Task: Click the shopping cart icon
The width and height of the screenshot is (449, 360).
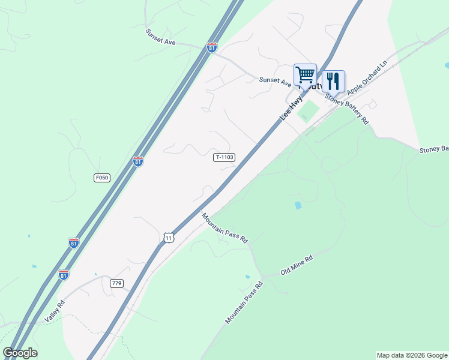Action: (x=305, y=76)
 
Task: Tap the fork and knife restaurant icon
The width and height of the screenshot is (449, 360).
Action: (x=333, y=81)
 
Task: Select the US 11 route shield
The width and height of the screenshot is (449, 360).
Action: (x=169, y=238)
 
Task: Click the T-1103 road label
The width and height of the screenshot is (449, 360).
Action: (x=224, y=157)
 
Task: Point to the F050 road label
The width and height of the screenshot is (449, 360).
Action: (x=102, y=178)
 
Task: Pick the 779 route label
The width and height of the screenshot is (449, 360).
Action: (x=116, y=283)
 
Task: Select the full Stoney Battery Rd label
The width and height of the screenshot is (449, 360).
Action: (x=347, y=109)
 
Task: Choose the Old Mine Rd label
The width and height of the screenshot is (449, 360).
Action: (x=297, y=266)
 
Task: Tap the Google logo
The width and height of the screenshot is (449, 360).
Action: (x=20, y=353)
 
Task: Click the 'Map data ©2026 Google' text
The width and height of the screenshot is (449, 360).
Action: (x=412, y=355)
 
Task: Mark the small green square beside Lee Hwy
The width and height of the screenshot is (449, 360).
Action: (x=308, y=112)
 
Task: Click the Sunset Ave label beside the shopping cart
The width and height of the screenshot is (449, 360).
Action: (x=275, y=80)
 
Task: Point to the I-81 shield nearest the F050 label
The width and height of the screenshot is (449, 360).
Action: (x=138, y=161)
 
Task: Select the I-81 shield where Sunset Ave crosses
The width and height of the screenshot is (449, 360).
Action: (x=212, y=47)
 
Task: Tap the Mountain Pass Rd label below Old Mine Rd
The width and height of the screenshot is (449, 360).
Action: (x=244, y=303)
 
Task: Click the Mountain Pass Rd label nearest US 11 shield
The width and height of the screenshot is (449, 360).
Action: (x=224, y=227)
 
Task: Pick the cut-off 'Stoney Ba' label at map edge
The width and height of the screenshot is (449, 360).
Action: (x=433, y=149)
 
